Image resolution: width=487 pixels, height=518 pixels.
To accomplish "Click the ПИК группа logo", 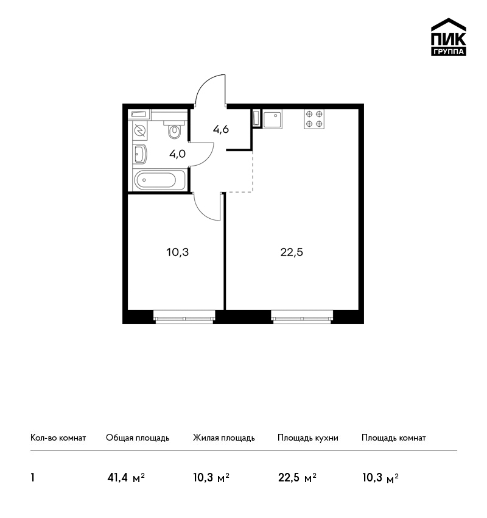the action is point(449,37).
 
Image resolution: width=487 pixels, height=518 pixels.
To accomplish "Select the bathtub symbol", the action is point(159,180).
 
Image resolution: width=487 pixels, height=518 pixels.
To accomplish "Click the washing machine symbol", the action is point(140,131).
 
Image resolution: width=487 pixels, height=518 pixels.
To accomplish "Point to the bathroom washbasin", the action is point(141,154).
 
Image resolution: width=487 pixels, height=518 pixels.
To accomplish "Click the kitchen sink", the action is point(273,119).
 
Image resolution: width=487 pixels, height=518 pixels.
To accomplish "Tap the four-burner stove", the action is point(314,119).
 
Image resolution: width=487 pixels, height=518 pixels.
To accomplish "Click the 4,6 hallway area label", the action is point(221,129).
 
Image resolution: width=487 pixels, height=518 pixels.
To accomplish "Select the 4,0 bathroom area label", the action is point(178,154).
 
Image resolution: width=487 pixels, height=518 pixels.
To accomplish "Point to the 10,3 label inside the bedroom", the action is point(178,252).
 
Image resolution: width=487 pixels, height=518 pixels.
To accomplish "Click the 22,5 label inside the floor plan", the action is point(292,252).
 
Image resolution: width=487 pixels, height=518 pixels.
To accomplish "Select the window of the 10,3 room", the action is point(184,316).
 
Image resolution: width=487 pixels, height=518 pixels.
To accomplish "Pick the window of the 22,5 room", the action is point(302,316).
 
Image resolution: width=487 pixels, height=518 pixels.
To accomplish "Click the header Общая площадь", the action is point(138,438).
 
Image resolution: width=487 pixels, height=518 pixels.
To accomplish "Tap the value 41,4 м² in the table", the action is point(126,477).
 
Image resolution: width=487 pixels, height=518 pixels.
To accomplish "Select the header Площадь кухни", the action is point(308,438).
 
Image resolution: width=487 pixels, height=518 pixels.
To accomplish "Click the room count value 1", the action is point(32,477).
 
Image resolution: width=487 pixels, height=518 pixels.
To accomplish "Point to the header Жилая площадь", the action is point(223,438).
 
